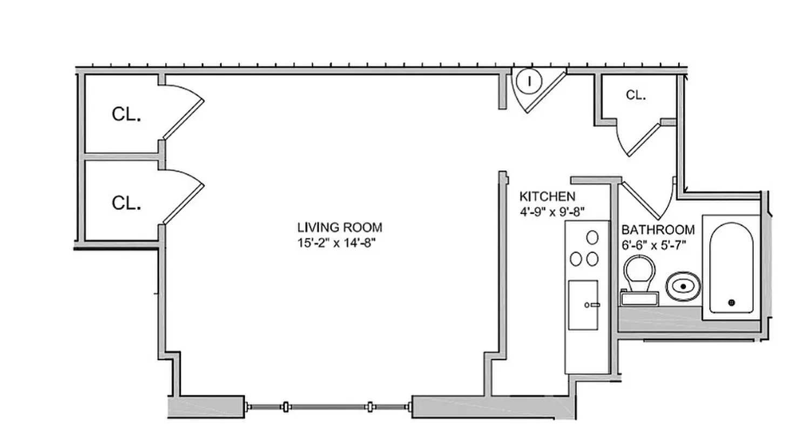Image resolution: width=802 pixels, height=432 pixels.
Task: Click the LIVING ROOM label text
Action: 340,227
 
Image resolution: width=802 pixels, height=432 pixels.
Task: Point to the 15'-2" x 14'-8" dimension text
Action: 336,243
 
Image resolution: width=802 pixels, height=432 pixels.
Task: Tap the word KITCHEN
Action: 547,197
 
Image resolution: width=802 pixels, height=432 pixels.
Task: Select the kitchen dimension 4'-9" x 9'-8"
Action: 552,212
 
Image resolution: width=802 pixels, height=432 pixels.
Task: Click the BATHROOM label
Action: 658,230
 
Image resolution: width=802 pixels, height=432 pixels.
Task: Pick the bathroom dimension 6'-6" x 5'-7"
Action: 653,245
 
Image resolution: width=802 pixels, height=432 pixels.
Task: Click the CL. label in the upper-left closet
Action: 126,114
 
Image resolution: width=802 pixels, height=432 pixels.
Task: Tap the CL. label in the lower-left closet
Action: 126,203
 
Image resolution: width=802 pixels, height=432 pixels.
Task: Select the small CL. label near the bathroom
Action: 636,95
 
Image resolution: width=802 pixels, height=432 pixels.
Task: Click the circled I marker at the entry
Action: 529,82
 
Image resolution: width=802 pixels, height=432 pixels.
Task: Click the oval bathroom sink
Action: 683,286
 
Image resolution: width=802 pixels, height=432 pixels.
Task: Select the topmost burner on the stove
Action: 592,238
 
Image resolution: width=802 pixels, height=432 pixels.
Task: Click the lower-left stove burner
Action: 576,259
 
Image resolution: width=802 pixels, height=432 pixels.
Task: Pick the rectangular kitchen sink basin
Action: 583,305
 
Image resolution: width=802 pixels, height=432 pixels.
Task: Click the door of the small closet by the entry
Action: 643,139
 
